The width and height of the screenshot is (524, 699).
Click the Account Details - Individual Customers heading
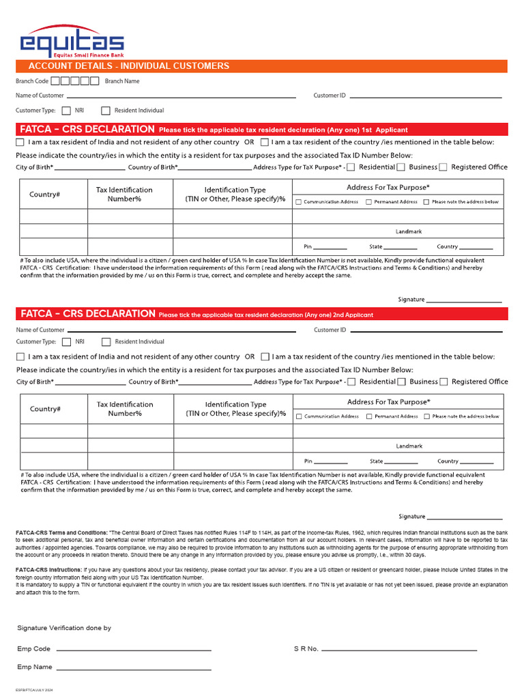click(128, 66)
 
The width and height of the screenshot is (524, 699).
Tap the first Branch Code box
click(56, 81)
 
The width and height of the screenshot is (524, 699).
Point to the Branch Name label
click(122, 81)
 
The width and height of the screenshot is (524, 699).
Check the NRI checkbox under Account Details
click(66, 111)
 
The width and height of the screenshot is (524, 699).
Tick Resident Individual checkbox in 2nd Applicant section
click(106, 342)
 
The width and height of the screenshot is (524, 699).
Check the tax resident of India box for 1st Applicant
click(20, 143)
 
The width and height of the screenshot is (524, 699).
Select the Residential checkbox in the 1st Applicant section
click(351, 167)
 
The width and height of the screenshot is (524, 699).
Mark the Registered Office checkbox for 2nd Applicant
click(443, 382)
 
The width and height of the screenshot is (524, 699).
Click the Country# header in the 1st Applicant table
click(44, 195)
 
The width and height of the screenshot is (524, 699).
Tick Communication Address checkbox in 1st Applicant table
click(298, 202)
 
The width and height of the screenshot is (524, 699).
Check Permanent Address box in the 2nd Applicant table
click(369, 416)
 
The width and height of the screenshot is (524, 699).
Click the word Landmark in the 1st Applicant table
click(409, 231)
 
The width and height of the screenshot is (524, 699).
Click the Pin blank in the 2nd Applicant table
click(331, 462)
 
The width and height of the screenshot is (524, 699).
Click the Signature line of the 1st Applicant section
click(464, 300)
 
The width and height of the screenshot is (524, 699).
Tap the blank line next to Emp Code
click(133, 649)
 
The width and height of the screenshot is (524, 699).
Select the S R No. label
click(306, 649)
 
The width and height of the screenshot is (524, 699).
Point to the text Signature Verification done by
click(64, 628)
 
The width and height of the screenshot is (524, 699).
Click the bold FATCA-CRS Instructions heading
click(48, 569)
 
